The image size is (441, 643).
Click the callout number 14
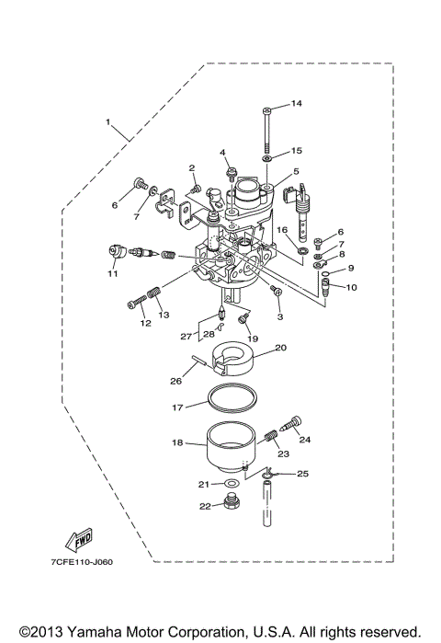point(296,103)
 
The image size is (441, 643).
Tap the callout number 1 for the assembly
point(107,121)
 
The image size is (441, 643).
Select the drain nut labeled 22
point(232,504)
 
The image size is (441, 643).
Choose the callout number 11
point(112,273)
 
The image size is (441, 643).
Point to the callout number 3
point(279,316)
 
